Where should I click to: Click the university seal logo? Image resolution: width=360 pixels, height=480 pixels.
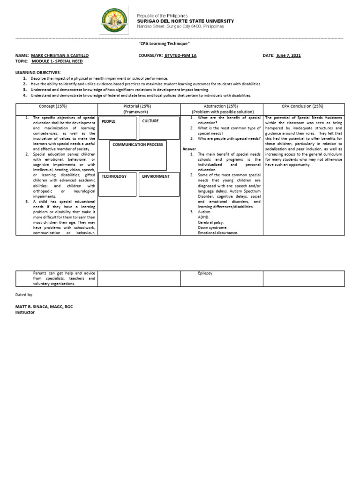(115, 21)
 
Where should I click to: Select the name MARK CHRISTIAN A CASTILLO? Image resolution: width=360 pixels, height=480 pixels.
(60, 55)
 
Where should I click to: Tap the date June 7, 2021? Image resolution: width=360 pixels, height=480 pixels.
(288, 55)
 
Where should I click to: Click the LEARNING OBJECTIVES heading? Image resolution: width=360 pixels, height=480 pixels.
(38, 73)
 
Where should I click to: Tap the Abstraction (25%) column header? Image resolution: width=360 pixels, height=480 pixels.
(222, 106)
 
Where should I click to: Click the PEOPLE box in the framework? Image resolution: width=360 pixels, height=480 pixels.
(118, 128)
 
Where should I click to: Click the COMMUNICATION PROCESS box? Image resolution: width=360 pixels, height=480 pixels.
(138, 155)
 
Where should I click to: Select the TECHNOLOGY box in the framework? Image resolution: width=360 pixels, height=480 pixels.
(118, 184)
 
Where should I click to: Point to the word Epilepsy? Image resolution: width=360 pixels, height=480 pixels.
(205, 273)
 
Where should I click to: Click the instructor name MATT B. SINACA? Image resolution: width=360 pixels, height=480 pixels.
(44, 307)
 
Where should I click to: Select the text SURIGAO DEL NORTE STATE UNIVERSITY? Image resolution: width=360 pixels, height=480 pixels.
(185, 21)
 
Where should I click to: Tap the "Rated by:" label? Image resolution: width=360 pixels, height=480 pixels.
(24, 295)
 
